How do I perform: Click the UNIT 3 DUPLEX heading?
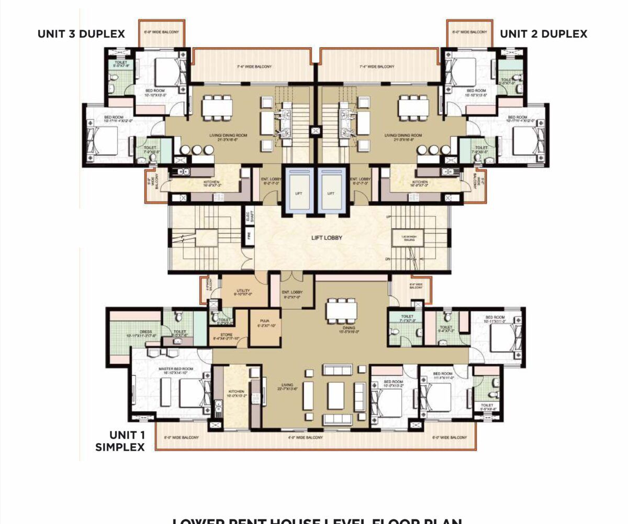point(81,34)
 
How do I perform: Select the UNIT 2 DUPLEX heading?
point(543,34)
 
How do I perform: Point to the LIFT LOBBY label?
point(327,238)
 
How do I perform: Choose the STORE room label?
point(226,336)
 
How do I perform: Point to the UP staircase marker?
point(387,216)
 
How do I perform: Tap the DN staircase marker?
point(387,258)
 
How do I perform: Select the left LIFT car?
point(298,191)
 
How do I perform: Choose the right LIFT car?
point(330,191)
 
